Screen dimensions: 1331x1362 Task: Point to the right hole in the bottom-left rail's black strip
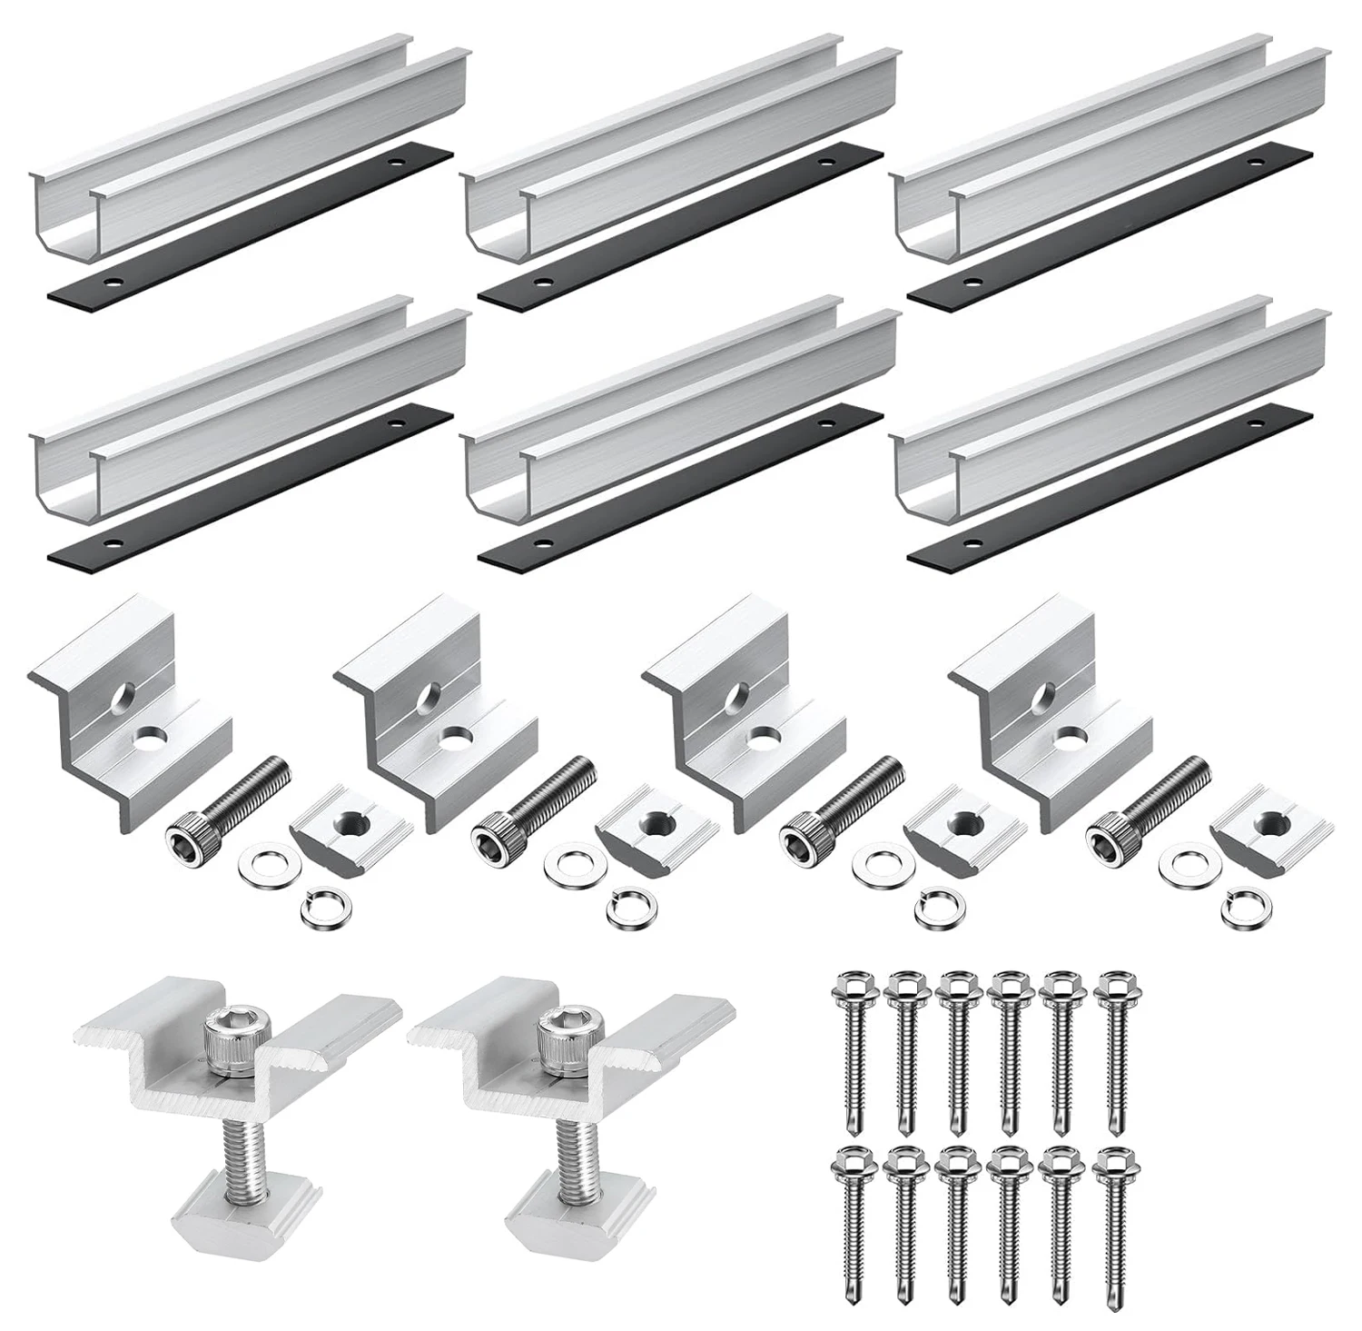click(x=396, y=422)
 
